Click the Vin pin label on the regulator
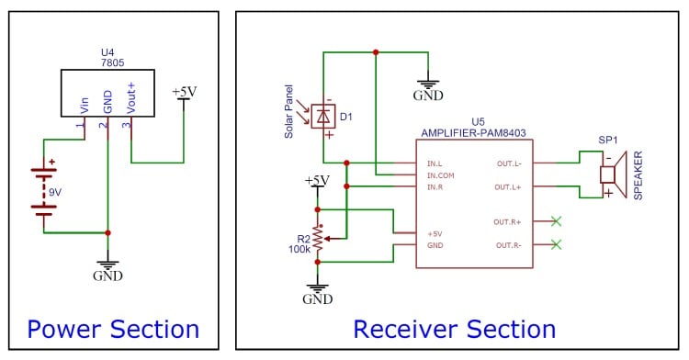click(85, 107)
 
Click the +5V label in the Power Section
click(184, 92)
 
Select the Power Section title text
click(113, 329)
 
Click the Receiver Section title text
click(454, 329)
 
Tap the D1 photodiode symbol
click(322, 116)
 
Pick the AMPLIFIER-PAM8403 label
click(477, 133)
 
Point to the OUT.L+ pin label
click(507, 186)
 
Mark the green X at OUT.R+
click(555, 221)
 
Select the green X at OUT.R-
click(555, 244)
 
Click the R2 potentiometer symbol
click(318, 239)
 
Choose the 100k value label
click(298, 249)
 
